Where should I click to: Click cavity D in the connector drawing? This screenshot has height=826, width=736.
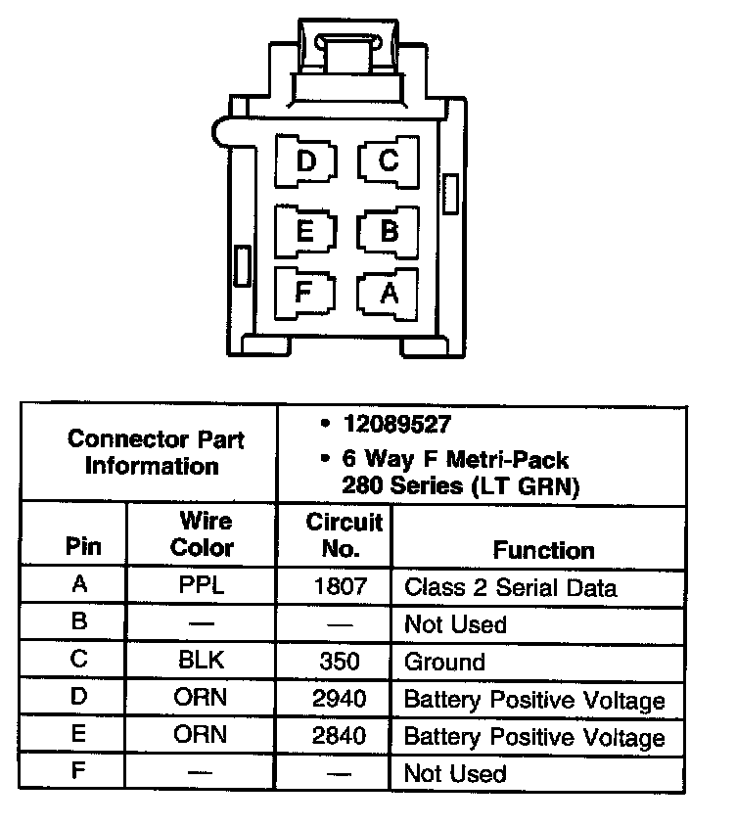tap(306, 160)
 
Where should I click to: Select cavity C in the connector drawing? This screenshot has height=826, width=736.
tap(388, 160)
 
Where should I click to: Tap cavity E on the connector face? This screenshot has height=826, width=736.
tap(305, 231)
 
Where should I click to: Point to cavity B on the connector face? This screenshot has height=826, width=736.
tap(389, 231)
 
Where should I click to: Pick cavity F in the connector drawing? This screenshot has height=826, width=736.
tap(304, 291)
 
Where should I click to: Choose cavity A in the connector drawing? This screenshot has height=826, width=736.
tap(389, 291)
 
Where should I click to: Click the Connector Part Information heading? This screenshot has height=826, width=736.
tap(156, 451)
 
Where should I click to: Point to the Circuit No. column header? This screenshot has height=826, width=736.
tap(340, 534)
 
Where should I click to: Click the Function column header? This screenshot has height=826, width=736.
tap(543, 550)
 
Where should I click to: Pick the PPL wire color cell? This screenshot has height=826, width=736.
tap(201, 587)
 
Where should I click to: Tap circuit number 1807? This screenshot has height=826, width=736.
tap(339, 587)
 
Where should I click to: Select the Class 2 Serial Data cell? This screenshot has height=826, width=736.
tap(510, 588)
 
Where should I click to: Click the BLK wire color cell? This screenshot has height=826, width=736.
tap(201, 661)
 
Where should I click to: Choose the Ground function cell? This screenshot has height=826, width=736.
tap(444, 662)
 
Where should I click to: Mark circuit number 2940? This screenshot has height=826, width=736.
tap(339, 699)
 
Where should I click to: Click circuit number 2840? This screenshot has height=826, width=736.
tap(339, 736)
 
